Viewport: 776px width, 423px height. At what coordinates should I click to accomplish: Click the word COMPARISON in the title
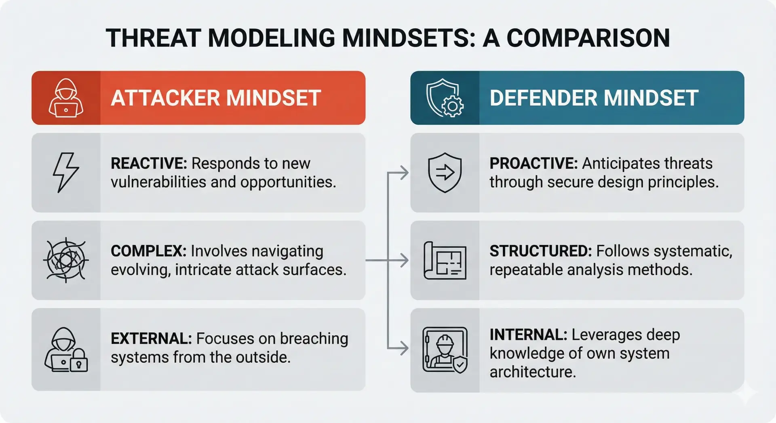pos(588,38)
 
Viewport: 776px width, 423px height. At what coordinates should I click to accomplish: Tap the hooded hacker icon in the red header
pos(66,98)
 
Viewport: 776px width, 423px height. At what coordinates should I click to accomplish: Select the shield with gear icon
pos(445,98)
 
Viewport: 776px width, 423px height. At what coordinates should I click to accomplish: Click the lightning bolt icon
pos(65,173)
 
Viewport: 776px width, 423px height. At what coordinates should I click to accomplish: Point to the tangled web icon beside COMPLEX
pos(66,260)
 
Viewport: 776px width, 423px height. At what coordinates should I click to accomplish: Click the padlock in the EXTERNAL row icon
pos(79,361)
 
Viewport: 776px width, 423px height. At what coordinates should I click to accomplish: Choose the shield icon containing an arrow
pos(445,173)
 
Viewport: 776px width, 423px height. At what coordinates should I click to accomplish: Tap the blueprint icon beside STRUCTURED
pos(445,261)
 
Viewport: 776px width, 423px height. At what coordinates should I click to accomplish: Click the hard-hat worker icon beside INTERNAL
pos(445,350)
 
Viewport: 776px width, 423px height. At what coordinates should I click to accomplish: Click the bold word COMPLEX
pos(148,251)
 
